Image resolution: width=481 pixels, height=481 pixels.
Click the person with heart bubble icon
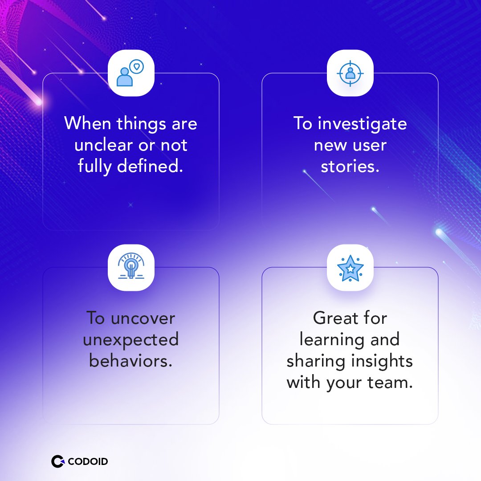click(x=131, y=73)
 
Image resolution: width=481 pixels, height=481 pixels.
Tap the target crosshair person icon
click(x=350, y=73)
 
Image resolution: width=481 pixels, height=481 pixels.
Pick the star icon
click(x=350, y=268)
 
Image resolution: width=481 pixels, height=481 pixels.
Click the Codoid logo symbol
click(x=57, y=461)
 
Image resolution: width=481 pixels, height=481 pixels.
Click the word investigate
click(x=362, y=123)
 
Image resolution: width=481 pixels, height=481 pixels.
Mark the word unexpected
click(x=131, y=340)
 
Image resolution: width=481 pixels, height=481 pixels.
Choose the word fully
click(x=95, y=166)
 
